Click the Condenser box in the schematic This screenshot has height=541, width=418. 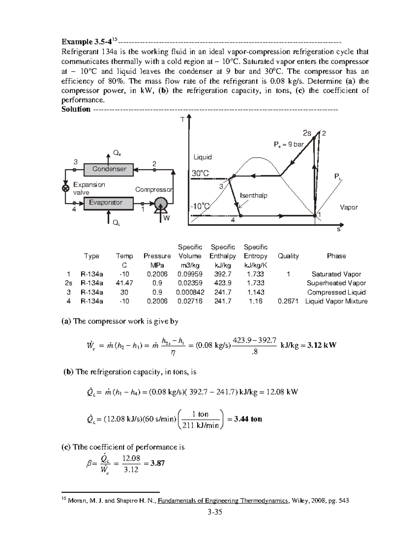(x=109, y=169)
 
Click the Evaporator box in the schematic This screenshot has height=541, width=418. (x=106, y=203)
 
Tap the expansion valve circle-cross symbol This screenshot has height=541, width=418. (x=65, y=188)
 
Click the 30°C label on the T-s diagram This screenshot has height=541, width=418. (x=201, y=173)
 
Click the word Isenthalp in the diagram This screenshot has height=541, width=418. (x=254, y=195)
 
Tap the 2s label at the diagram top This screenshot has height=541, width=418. (x=307, y=133)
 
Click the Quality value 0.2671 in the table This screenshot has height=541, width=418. (x=288, y=301)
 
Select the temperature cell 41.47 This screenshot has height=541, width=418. (x=124, y=283)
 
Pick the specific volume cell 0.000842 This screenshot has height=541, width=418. (x=190, y=292)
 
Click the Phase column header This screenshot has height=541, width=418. (x=336, y=256)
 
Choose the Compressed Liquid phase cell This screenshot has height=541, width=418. (x=336, y=292)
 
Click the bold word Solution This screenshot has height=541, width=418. (x=76, y=109)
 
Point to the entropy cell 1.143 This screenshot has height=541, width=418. (x=255, y=292)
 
